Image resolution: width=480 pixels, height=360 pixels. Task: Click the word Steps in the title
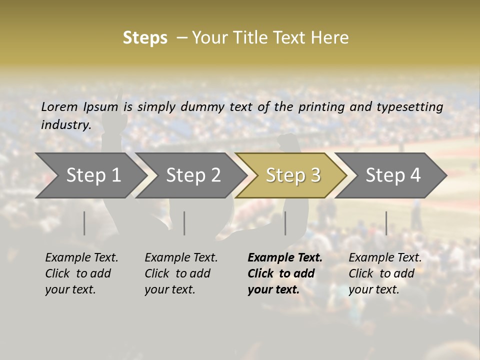145,38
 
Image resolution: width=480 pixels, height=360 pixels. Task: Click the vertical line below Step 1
84,223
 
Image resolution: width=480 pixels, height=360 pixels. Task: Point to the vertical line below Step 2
184,223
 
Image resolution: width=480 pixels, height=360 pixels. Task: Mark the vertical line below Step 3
285,223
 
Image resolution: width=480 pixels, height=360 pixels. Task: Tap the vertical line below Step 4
386,223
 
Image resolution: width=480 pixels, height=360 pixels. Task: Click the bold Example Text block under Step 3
285,273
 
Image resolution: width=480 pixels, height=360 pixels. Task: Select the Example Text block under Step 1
81,273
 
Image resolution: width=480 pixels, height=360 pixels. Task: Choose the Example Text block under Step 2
181,273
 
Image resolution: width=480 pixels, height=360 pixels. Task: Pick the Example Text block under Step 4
385,273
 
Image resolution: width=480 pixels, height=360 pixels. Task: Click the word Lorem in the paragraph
59,106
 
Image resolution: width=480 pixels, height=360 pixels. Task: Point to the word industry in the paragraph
65,124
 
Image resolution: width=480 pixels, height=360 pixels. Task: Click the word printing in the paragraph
322,106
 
